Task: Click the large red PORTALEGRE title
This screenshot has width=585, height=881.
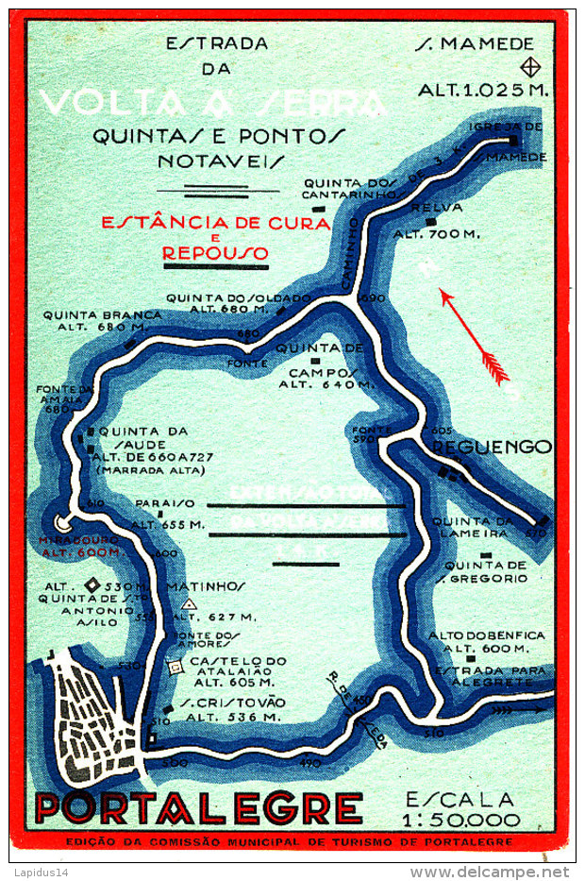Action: (x=198, y=807)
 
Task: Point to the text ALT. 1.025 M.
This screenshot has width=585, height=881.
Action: (x=484, y=91)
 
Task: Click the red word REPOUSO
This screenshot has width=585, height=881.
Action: (x=215, y=253)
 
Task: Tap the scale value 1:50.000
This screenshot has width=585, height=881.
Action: (x=474, y=820)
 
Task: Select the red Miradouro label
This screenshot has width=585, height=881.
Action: (x=78, y=545)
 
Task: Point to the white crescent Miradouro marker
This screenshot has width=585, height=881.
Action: (x=64, y=521)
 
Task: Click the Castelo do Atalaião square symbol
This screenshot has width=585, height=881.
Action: (x=175, y=667)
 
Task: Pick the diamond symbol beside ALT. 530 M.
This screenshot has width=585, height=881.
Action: (x=93, y=585)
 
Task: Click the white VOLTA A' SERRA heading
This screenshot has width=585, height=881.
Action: (x=212, y=103)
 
